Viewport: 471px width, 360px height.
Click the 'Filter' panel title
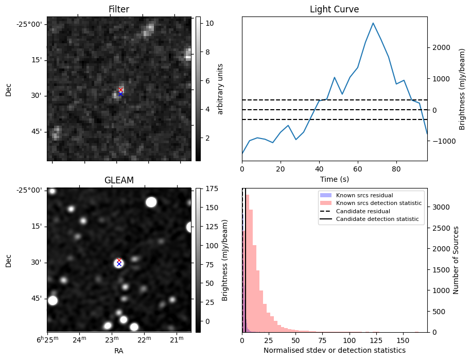click(119, 9)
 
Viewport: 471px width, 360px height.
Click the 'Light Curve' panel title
click(334, 9)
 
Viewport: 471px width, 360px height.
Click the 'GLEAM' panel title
click(119, 180)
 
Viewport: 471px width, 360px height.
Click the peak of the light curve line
click(373, 23)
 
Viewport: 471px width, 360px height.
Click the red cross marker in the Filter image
click(120, 90)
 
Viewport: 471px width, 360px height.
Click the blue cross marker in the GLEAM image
click(119, 264)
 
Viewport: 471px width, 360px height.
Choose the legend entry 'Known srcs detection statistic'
click(378, 203)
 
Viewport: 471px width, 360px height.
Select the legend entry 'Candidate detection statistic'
click(377, 219)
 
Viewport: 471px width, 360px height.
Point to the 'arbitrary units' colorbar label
click(220, 89)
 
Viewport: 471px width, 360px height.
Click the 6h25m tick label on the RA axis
click(47, 339)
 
